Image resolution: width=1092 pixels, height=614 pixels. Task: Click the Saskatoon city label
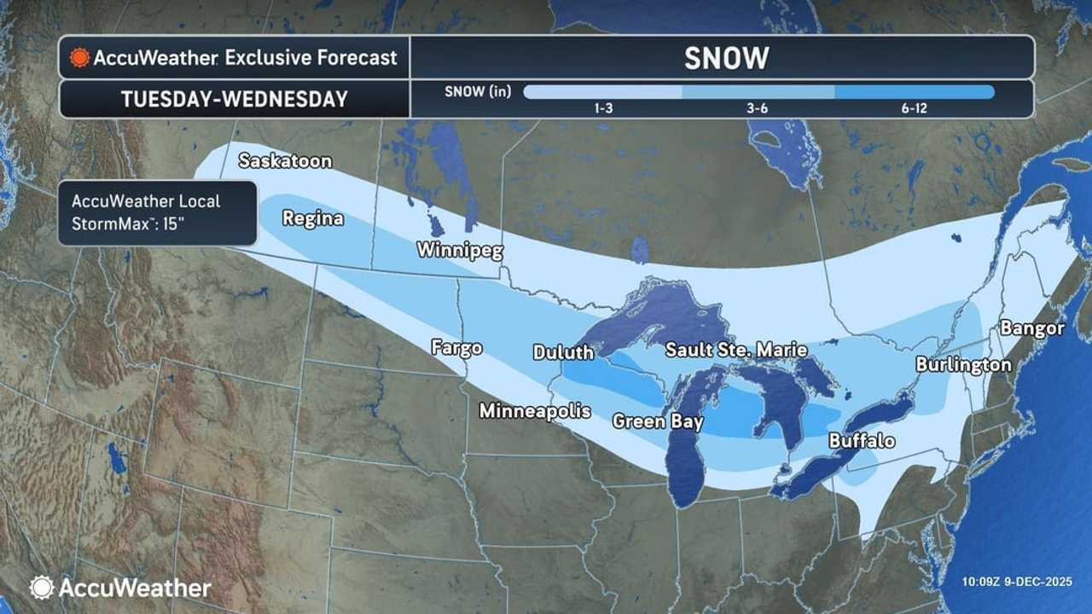pyautogui.click(x=285, y=160)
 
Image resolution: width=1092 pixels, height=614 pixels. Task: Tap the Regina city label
pyautogui.click(x=313, y=218)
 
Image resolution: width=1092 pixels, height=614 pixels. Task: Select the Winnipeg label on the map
pyautogui.click(x=459, y=251)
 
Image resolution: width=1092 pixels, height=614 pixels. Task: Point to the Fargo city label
pyautogui.click(x=456, y=347)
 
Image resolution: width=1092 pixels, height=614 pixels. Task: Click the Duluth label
pyautogui.click(x=562, y=352)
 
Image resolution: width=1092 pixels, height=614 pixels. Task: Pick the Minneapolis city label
pyautogui.click(x=535, y=410)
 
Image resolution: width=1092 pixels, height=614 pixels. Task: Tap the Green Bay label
pyautogui.click(x=658, y=421)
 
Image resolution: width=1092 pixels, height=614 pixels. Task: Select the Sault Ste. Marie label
pyautogui.click(x=736, y=350)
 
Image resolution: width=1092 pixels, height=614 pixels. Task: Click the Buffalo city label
pyautogui.click(x=862, y=441)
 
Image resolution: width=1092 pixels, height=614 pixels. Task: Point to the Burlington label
pyautogui.click(x=963, y=365)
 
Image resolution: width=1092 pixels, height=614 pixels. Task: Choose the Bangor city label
pyautogui.click(x=1032, y=327)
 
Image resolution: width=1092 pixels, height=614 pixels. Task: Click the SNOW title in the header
pyautogui.click(x=726, y=58)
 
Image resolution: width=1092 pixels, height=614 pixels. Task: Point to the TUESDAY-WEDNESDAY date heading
pyautogui.click(x=235, y=99)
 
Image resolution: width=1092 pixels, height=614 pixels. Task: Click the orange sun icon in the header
pyautogui.click(x=80, y=58)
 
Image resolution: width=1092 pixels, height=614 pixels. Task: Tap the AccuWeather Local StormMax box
pyautogui.click(x=157, y=212)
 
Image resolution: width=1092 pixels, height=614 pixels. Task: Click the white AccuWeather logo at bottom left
pyautogui.click(x=120, y=588)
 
